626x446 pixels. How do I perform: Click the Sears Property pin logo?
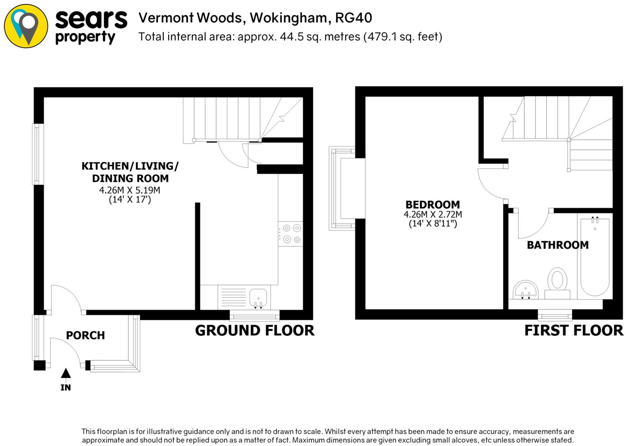pyautogui.click(x=26, y=26)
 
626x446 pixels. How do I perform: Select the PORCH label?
pyautogui.click(x=85, y=335)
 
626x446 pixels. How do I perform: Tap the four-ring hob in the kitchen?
pyautogui.click(x=291, y=234)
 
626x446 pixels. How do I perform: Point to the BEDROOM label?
pyautogui.click(x=433, y=205)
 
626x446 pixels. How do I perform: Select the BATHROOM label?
pyautogui.click(x=558, y=245)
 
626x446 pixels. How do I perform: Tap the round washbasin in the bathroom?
pyautogui.click(x=526, y=289)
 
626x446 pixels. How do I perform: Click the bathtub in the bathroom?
pyautogui.click(x=595, y=257)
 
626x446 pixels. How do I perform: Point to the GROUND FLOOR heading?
pyautogui.click(x=254, y=331)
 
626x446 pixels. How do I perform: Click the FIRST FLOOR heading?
pyautogui.click(x=573, y=331)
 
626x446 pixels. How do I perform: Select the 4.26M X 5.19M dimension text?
pyautogui.click(x=130, y=190)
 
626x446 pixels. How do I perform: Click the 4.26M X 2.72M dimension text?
pyautogui.click(x=433, y=214)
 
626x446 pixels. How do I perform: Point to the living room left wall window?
pyautogui.click(x=38, y=154)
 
